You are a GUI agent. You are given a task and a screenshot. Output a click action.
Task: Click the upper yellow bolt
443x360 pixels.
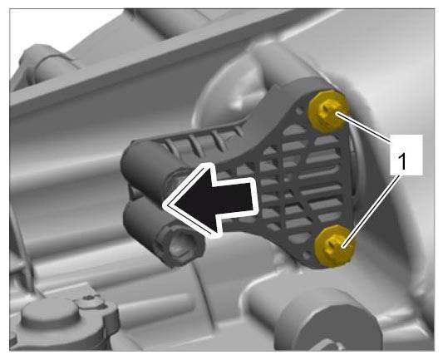tap(328, 111)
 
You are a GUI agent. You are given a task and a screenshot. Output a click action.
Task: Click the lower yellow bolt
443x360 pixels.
tap(335, 245)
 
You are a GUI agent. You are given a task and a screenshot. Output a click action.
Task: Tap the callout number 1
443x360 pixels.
tap(401, 161)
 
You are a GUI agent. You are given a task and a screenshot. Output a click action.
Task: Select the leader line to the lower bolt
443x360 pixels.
tap(372, 211)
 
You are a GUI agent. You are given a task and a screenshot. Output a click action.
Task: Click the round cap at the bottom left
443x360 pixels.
tap(51, 313)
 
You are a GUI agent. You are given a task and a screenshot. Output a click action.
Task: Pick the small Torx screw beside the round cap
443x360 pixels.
tap(90, 298)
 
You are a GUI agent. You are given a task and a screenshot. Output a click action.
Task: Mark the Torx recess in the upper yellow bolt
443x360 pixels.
tap(327, 111)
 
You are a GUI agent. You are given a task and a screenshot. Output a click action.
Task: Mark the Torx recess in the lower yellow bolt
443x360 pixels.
tap(336, 245)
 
